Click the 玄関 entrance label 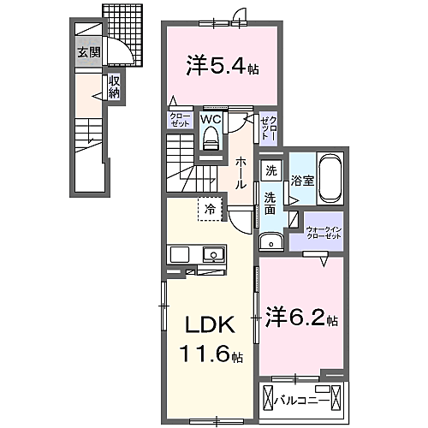coord(89,52)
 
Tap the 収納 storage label coord(114,87)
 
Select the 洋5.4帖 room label coord(223,67)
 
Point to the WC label coord(211,119)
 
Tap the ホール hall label coord(241,173)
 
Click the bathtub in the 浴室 coord(330,178)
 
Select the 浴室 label coord(302,181)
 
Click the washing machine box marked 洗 coord(271,170)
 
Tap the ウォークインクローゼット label coord(324,233)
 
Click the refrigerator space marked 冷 coord(211,209)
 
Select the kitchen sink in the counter coord(213,254)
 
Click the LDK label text coord(211,324)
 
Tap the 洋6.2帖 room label coord(302,318)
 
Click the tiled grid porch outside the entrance coord(122,35)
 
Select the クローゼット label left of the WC coord(180,120)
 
